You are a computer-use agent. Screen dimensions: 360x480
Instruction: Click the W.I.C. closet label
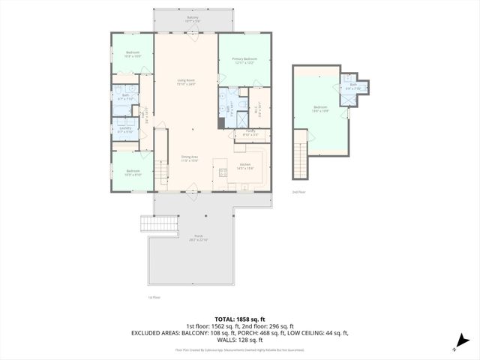[x=258, y=107]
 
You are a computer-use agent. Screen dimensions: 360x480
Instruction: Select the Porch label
[x=199, y=237]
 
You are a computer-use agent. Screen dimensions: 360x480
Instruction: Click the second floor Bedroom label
[x=320, y=109]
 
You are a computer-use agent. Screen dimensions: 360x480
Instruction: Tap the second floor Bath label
[x=352, y=85]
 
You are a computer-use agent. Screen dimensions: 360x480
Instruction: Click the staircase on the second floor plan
[x=301, y=160]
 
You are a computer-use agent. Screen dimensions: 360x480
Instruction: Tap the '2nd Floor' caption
[x=299, y=192]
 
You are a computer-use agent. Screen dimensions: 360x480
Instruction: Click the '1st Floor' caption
[x=154, y=297]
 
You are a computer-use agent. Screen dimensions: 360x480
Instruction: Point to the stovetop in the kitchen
[x=223, y=172]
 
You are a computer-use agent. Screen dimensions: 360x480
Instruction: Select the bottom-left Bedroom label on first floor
[x=133, y=172]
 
